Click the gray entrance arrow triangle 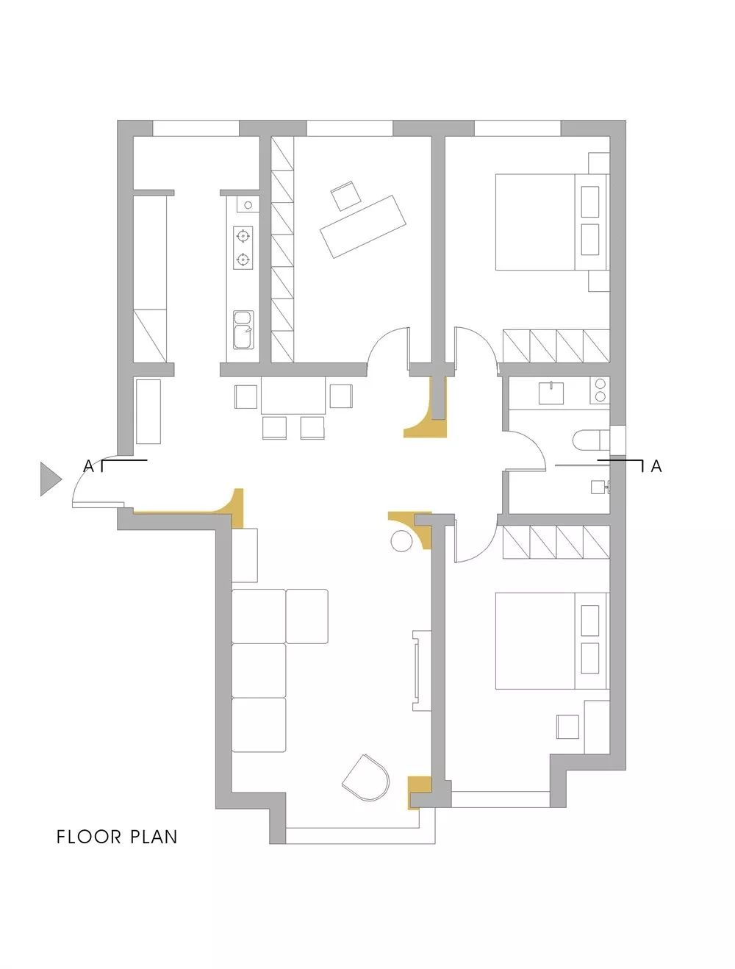coord(49,479)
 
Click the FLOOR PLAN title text coord(117,837)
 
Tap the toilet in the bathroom coord(591,440)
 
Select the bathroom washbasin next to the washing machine coord(551,393)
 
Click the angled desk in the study coord(362,226)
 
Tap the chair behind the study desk coord(345,195)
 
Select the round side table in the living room coord(401,540)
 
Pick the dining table coord(293,396)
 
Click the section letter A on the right coord(656,466)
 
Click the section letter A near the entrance coord(89,466)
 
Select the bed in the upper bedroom coord(552,222)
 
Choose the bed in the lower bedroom coord(552,640)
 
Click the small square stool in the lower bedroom coord(567,726)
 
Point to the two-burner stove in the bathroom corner coord(600,390)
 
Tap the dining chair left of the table coord(245,397)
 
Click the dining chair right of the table coord(341,396)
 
